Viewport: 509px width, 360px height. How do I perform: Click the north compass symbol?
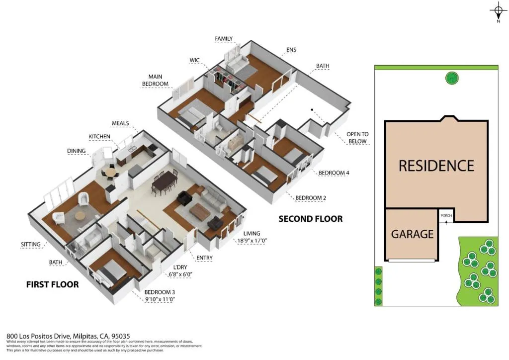498,11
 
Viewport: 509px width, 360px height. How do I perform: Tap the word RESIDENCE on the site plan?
436,166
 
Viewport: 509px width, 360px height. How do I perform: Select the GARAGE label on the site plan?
412,234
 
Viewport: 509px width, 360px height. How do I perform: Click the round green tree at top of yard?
452,78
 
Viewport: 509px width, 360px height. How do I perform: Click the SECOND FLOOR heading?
310,219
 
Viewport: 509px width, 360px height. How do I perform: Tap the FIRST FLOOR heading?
52,284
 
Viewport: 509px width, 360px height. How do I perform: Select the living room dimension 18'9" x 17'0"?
251,242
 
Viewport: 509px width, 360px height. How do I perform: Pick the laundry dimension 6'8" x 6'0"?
179,274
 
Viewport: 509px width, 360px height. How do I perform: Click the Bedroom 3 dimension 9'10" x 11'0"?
160,299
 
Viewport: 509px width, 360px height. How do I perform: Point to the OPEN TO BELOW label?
357,138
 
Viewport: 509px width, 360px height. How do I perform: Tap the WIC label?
194,60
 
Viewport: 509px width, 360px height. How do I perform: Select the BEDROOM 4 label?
334,173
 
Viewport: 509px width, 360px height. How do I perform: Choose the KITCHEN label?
99,136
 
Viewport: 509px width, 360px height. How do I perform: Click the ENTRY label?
204,258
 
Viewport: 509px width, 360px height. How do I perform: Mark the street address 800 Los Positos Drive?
68,336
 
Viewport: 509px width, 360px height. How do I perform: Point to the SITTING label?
31,244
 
